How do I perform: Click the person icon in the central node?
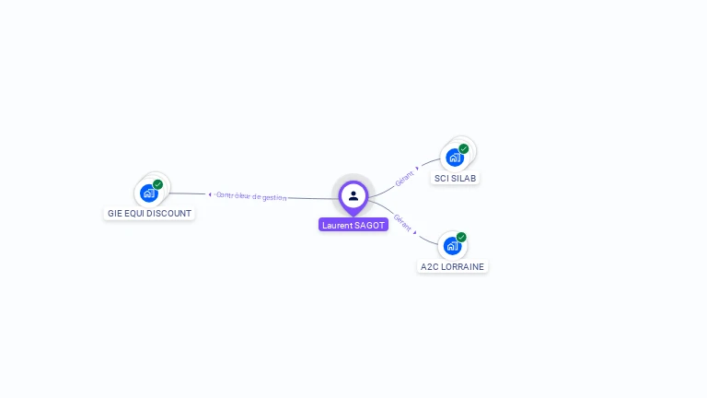(x=353, y=195)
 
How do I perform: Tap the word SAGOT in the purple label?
(x=370, y=225)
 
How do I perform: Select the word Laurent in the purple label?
(x=337, y=225)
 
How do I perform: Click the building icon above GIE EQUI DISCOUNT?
(x=148, y=193)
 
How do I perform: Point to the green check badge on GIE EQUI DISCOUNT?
(x=158, y=184)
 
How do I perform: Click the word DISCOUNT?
(x=170, y=213)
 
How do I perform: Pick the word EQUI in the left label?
(x=134, y=213)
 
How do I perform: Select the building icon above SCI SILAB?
(x=454, y=158)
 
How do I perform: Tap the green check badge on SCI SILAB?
(x=464, y=148)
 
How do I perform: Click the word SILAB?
(x=464, y=178)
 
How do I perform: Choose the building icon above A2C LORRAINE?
(x=451, y=246)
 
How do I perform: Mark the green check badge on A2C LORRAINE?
(x=461, y=237)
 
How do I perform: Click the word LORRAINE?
(x=464, y=266)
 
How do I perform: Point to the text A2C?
(x=430, y=266)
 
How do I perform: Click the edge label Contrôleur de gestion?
(x=251, y=196)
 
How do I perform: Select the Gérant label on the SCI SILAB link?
(x=403, y=178)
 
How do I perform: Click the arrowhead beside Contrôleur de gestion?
(x=210, y=194)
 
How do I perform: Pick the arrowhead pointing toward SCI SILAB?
(x=417, y=169)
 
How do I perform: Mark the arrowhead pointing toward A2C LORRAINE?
(x=415, y=232)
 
